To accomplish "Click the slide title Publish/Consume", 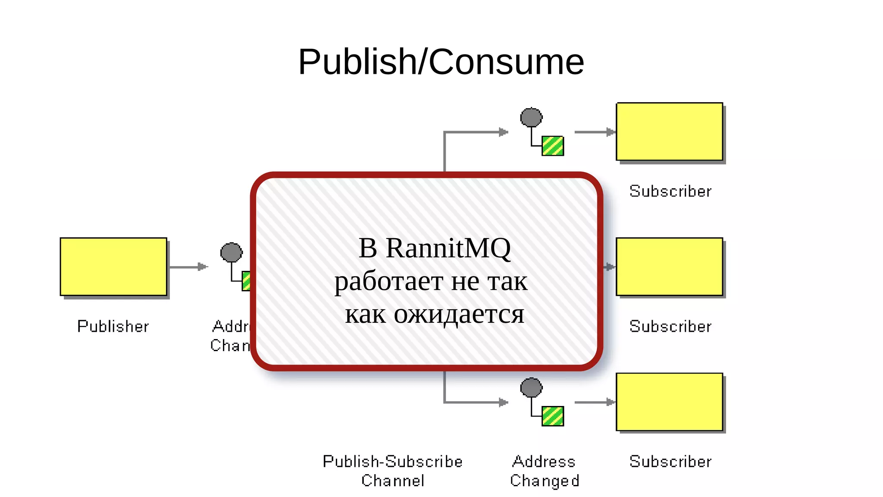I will (441, 62).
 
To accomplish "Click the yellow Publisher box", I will (113, 266).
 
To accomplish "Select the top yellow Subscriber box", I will (669, 132).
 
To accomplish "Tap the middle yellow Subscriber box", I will (669, 266).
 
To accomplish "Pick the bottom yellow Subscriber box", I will (669, 402).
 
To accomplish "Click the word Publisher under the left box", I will (113, 326).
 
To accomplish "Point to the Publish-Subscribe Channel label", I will (393, 471).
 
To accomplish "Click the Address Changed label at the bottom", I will (545, 471).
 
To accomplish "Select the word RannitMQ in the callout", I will (448, 248).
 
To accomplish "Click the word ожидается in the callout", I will (459, 314).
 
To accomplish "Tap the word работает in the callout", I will (389, 282).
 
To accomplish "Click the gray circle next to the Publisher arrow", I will (232, 252).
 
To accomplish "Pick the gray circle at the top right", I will (531, 117).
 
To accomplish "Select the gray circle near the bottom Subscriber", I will (531, 387).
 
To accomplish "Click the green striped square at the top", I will (553, 146).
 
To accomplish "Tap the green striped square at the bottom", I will (553, 416).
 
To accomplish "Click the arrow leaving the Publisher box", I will (188, 267).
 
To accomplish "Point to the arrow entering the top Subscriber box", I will (594, 132).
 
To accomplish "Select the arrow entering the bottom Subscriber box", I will (594, 402).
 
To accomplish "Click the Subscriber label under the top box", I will (670, 191).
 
